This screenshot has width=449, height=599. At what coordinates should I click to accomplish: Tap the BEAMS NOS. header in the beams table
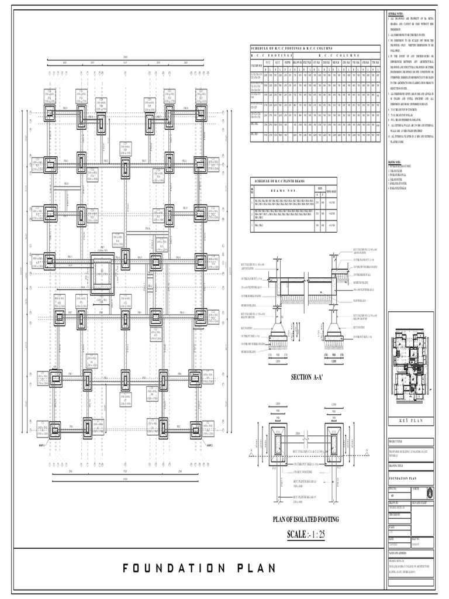(283, 190)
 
